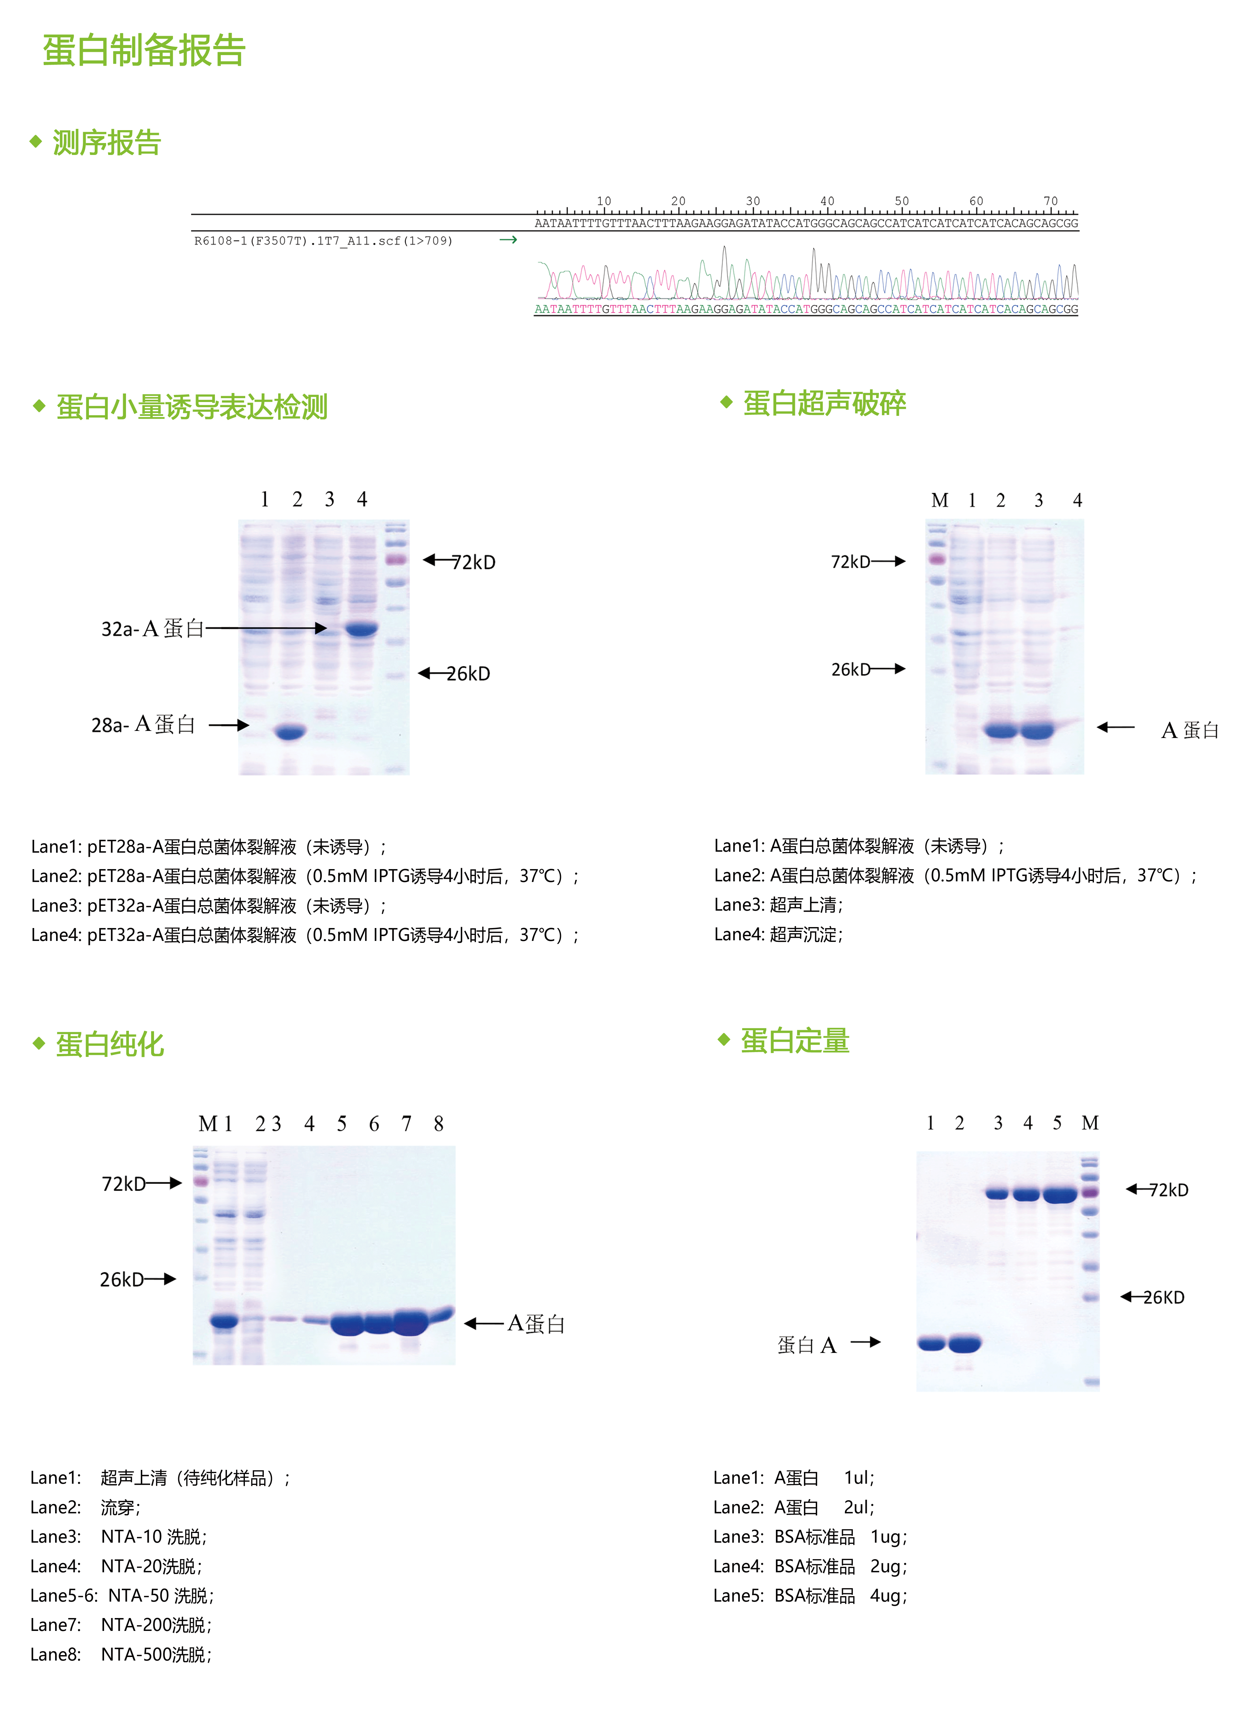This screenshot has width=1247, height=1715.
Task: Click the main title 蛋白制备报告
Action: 144,51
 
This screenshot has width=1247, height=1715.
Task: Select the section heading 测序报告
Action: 107,142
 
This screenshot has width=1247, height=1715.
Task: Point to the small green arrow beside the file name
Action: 508,240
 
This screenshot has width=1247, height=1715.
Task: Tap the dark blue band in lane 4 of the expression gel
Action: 362,628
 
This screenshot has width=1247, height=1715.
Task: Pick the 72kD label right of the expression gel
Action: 473,562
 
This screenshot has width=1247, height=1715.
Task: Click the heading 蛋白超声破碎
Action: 824,403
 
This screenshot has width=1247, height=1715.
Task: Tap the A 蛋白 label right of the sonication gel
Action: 1190,730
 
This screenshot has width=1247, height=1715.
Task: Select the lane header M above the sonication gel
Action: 939,501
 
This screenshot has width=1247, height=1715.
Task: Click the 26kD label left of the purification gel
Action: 122,1279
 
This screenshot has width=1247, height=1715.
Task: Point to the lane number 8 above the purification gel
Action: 439,1124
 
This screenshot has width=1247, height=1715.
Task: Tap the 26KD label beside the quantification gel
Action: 1163,1298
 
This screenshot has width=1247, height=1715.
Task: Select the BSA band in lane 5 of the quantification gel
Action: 1059,1195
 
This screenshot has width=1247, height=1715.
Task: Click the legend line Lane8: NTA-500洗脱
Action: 121,1654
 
